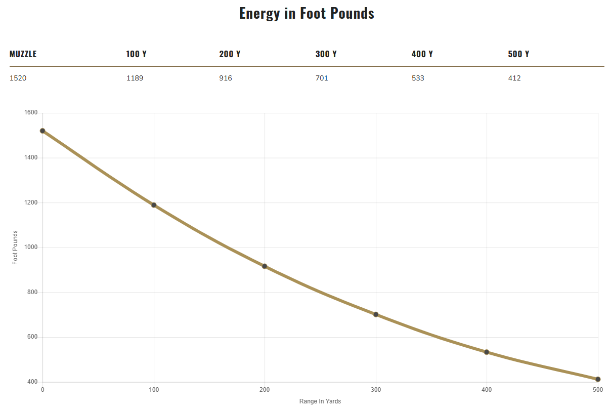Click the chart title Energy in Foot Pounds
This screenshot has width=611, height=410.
click(307, 13)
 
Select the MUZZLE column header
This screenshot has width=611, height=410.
click(23, 54)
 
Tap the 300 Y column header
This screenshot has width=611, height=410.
click(326, 54)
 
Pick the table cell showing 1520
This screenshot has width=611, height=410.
click(18, 78)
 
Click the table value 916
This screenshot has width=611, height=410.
click(226, 78)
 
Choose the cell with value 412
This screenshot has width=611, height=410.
click(514, 78)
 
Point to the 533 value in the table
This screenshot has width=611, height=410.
click(418, 78)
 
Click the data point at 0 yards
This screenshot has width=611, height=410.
click(42, 131)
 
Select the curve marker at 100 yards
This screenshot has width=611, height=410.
click(154, 205)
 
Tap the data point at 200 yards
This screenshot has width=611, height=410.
click(265, 266)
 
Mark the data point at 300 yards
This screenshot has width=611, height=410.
click(376, 314)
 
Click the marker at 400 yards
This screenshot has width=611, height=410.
click(487, 352)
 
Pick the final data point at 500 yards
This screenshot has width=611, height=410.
click(598, 379)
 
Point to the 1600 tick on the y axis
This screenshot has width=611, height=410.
click(31, 113)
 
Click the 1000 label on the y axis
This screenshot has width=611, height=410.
click(31, 248)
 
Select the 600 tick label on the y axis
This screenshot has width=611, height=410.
click(32, 337)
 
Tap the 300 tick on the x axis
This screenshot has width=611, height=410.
click(376, 390)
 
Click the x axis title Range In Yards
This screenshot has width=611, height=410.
click(320, 401)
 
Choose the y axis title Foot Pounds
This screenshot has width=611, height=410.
click(15, 248)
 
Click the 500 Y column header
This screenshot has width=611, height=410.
click(518, 54)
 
